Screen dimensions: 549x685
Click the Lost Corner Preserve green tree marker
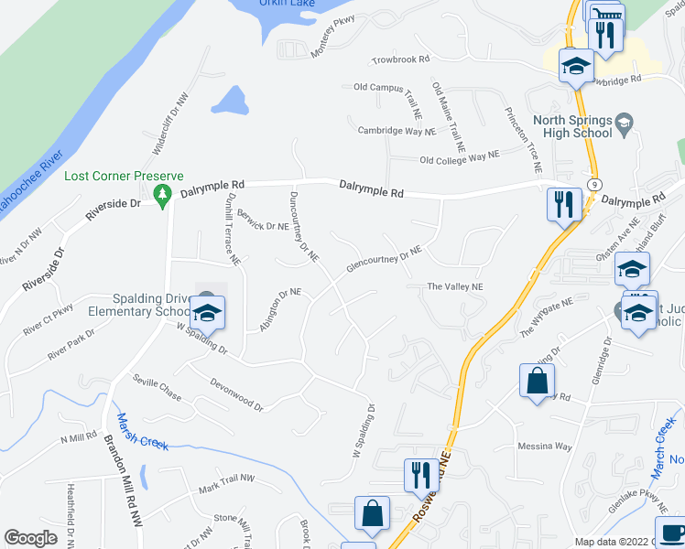click(162, 193)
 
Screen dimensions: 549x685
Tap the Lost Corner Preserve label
click(124, 176)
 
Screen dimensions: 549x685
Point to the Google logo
click(31, 538)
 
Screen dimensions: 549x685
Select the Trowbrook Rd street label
click(400, 59)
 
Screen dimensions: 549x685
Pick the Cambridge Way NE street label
click(396, 131)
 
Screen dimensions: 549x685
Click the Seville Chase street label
click(158, 388)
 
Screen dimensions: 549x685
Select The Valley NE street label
click(455, 286)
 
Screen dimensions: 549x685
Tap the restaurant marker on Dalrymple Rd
click(563, 205)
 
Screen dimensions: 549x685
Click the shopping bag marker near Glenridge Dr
click(537, 382)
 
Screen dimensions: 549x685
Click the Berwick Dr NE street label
click(264, 220)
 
